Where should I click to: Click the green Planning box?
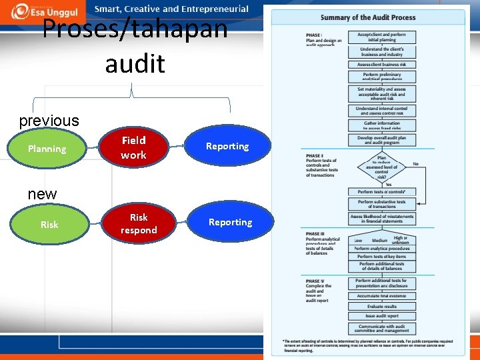(47, 149)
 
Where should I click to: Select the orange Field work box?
(133, 147)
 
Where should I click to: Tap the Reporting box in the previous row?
(227, 146)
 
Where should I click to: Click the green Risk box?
(49, 225)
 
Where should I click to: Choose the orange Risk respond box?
(139, 224)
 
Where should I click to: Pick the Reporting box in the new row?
(230, 222)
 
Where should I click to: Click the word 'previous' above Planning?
(49, 121)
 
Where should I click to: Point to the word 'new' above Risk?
(42, 194)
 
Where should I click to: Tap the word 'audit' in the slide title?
(135, 63)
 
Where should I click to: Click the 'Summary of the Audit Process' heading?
(367, 17)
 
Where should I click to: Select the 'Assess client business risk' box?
(381, 65)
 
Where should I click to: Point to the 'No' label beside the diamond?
(415, 163)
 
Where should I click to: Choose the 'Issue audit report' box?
(381, 316)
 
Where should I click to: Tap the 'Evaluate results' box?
(381, 307)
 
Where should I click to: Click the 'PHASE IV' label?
(314, 281)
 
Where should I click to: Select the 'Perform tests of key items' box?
(381, 256)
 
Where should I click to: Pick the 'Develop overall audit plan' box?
(381, 140)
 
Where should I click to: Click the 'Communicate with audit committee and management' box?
(381, 329)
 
